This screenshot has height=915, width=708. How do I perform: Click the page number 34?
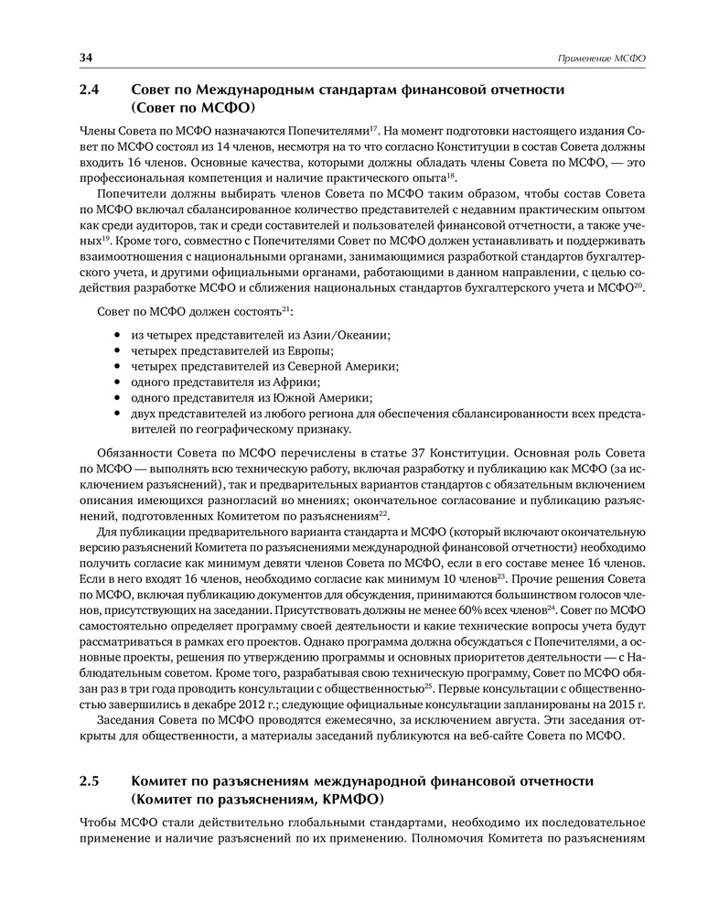coord(88,58)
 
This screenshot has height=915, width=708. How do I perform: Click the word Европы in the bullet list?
coord(307,350)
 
